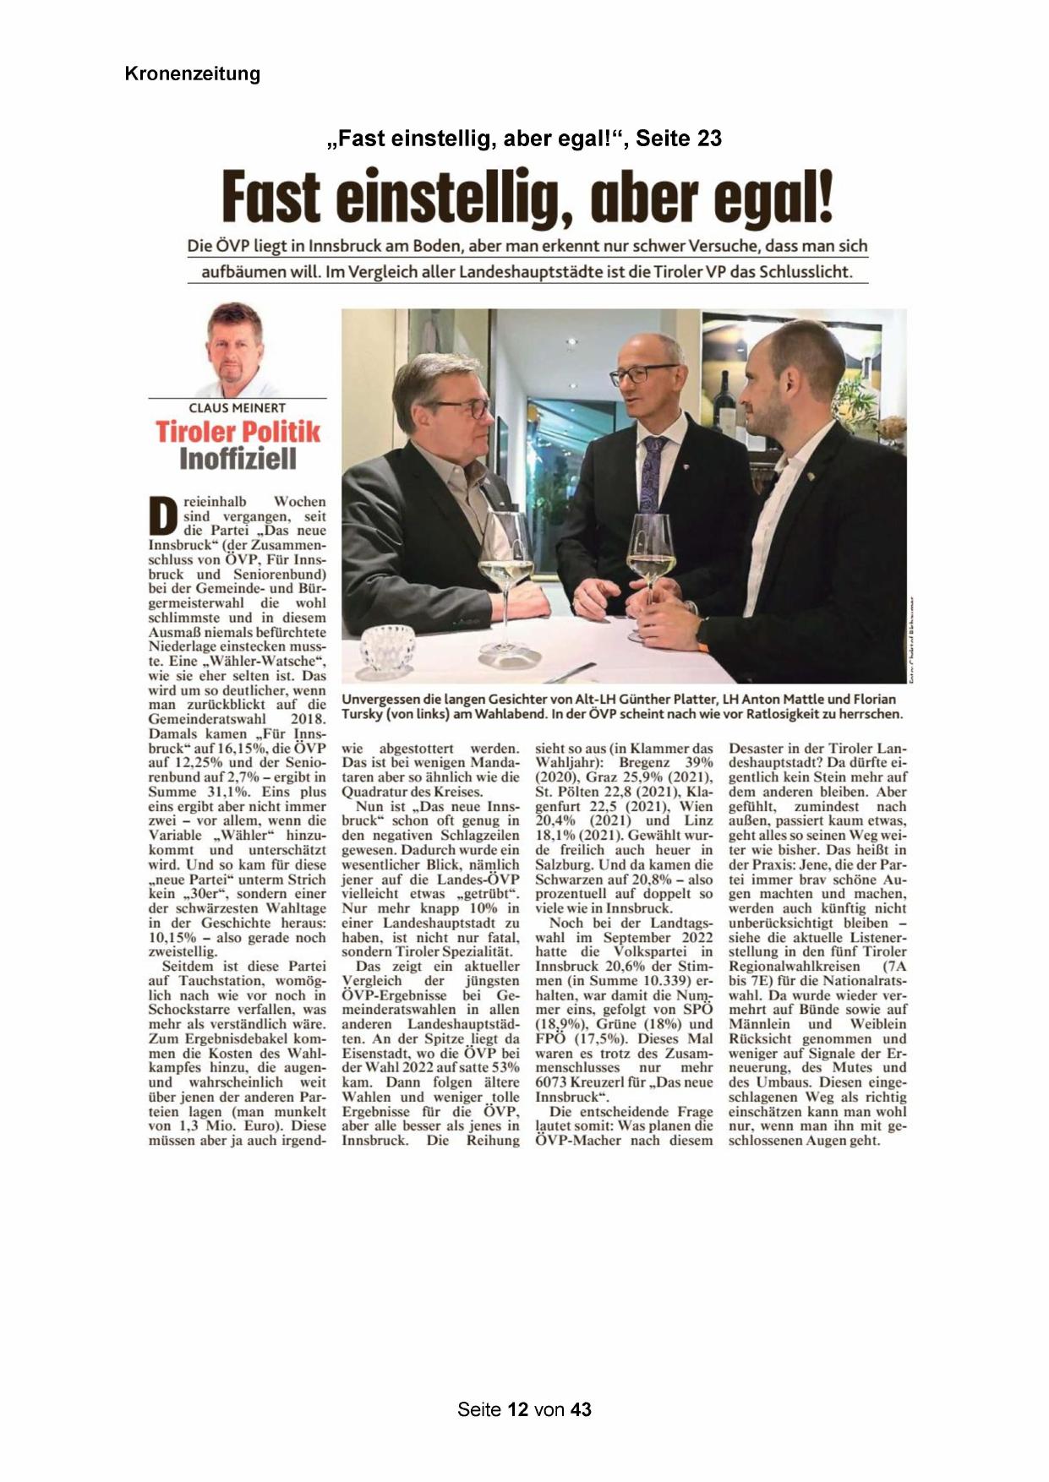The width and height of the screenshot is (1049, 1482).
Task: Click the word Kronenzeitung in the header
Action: tap(192, 74)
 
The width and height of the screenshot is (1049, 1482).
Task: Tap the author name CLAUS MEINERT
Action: tap(237, 408)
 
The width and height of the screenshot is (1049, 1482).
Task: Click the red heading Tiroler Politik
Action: tap(238, 432)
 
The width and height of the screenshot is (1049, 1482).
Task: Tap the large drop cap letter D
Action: tap(163, 515)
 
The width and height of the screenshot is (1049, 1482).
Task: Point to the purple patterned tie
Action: tap(651, 473)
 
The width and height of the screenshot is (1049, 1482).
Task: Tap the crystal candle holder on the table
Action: tap(387, 649)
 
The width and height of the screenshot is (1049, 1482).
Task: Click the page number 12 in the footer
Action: tap(518, 1408)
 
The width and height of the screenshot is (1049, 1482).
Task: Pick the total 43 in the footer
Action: tap(581, 1408)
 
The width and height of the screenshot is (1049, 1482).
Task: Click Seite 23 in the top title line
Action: tap(679, 138)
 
